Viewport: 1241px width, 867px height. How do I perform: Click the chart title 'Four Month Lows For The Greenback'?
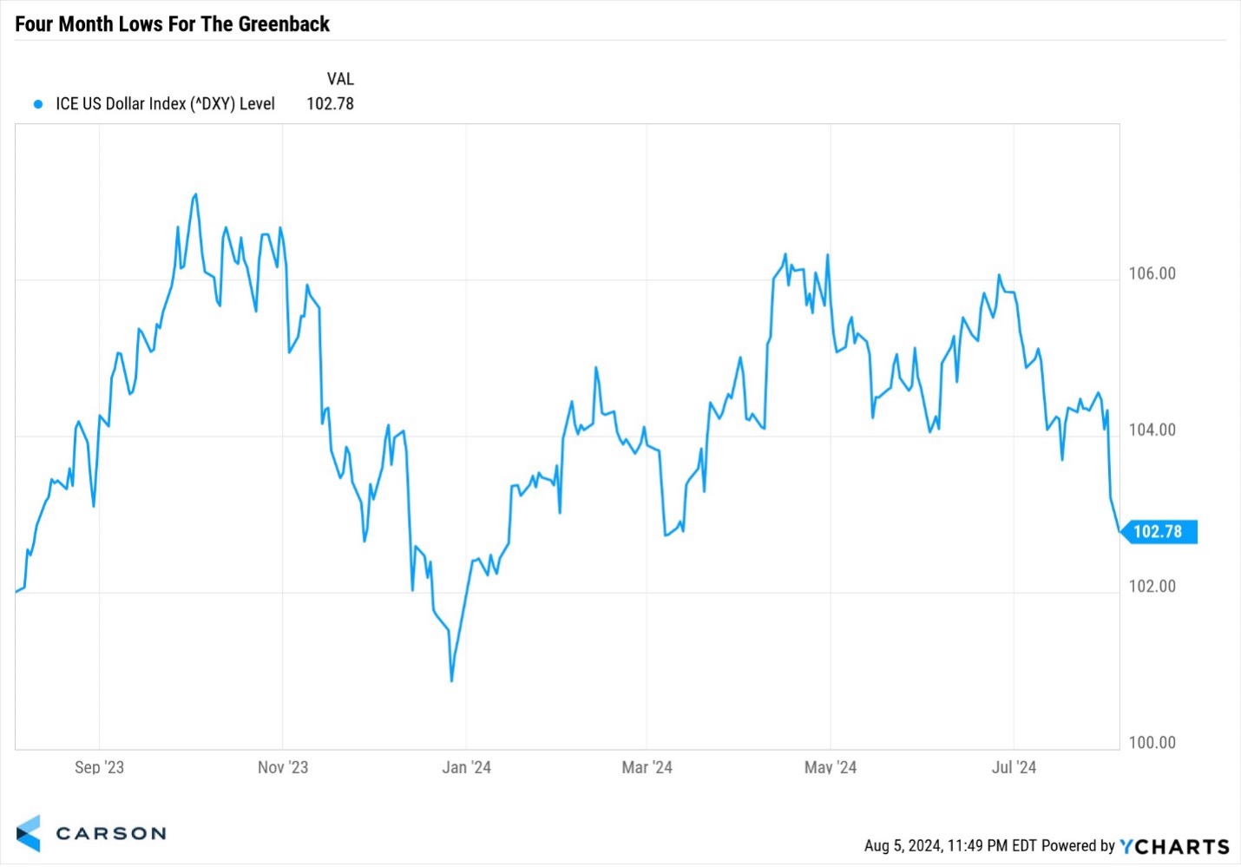coord(172,23)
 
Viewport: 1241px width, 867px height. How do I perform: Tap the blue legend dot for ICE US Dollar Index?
coord(37,104)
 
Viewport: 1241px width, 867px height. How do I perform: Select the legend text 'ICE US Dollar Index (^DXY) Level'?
coord(165,104)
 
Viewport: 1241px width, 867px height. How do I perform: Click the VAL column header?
coord(340,79)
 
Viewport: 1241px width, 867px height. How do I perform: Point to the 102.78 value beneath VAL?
coord(330,104)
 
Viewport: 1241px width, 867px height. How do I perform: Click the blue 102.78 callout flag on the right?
coord(1158,531)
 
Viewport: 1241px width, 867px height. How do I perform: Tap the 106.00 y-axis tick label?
coord(1152,273)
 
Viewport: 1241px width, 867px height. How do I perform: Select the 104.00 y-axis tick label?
coord(1152,430)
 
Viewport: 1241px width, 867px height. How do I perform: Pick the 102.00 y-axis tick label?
coord(1152,586)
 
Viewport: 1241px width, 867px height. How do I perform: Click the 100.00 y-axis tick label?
coord(1152,742)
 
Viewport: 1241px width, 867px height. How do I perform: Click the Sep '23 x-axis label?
coord(99,767)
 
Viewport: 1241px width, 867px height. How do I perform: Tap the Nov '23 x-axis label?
coord(283,767)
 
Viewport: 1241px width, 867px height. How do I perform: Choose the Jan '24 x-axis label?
coord(467,767)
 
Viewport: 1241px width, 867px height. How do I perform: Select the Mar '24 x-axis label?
coord(647,767)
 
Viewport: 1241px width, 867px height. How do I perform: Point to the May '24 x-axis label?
coord(831,767)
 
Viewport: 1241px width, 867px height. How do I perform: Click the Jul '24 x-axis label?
coord(1014,767)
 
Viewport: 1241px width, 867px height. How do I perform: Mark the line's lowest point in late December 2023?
coord(452,680)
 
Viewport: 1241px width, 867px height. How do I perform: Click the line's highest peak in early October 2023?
coord(195,194)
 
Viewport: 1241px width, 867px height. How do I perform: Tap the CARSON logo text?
coord(110,833)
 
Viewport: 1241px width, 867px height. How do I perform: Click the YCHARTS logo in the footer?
coord(1174,846)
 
